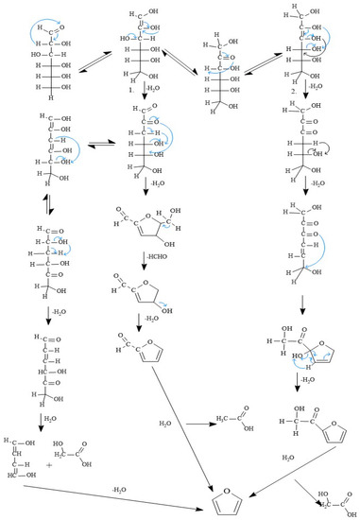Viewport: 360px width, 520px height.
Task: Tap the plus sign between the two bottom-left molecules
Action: tap(48, 464)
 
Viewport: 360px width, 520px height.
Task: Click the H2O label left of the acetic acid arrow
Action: tap(166, 424)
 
